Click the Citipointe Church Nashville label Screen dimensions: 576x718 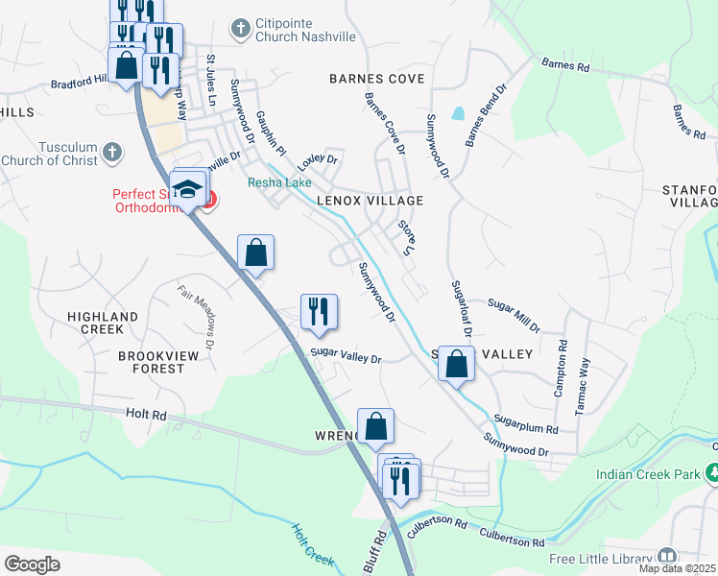pyautogui.click(x=305, y=29)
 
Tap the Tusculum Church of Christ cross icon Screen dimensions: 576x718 pyautogui.click(x=112, y=152)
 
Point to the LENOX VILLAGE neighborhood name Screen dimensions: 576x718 pyautogui.click(x=375, y=201)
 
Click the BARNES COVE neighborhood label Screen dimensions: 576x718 pyautogui.click(x=376, y=79)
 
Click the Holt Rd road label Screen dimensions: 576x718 pyautogui.click(x=146, y=416)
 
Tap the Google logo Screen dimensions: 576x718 pyautogui.click(x=32, y=564)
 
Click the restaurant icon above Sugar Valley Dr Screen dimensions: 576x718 pyautogui.click(x=319, y=311)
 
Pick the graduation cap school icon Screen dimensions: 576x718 pyautogui.click(x=188, y=187)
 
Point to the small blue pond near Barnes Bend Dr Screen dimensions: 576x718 pyautogui.click(x=458, y=112)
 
